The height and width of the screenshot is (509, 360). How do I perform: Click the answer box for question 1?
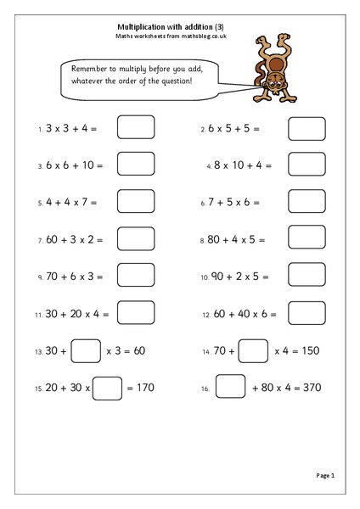point(135,128)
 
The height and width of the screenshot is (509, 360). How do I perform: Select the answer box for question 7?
point(135,239)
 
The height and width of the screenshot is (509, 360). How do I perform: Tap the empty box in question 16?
point(230,387)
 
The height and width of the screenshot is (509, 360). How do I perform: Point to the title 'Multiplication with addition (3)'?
point(179,25)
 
